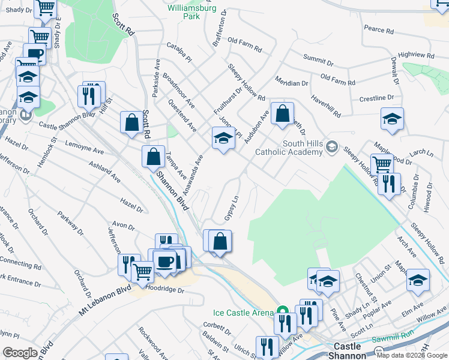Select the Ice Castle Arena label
[243, 313]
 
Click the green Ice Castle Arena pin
[282, 311]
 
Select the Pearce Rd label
[379, 29]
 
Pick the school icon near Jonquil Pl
[223, 138]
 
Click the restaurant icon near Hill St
[88, 96]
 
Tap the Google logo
[20, 353]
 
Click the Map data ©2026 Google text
[412, 355]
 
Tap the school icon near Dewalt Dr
[392, 120]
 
